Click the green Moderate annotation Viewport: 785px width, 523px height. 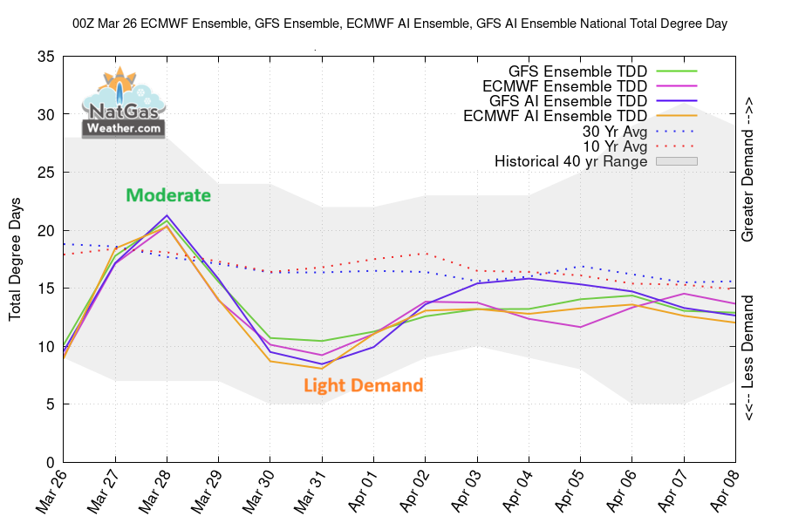click(x=168, y=195)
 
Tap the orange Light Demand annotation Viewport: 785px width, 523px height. click(x=363, y=385)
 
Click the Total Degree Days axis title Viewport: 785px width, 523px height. click(x=16, y=259)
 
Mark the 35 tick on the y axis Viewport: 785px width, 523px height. click(x=46, y=58)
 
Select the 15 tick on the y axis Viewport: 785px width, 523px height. click(x=46, y=289)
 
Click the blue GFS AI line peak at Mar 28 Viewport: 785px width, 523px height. click(x=167, y=215)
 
